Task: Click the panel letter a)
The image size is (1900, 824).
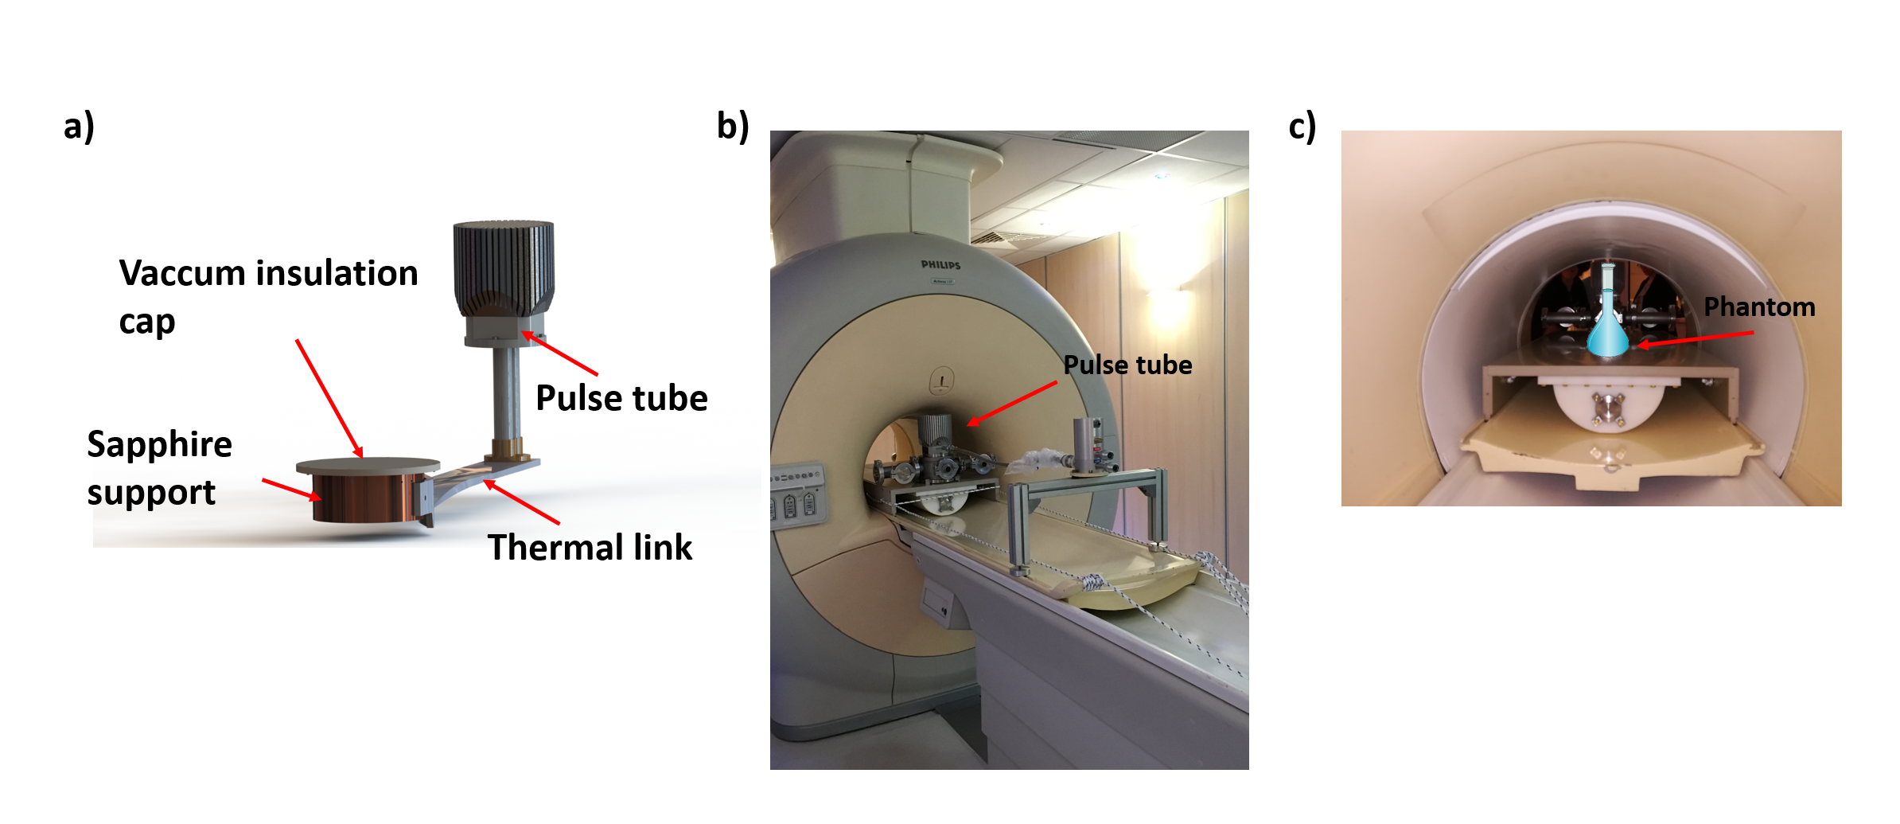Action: tap(79, 127)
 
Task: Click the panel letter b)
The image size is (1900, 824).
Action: tap(733, 127)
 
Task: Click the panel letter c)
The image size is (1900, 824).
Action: tap(1302, 127)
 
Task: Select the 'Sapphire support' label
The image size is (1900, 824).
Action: tap(159, 468)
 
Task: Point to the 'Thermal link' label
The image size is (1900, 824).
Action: tap(590, 548)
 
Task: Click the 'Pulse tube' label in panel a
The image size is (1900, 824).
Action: tap(621, 398)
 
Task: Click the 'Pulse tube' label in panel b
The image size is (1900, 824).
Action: tap(1127, 365)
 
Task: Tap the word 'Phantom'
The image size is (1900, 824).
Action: tap(1759, 307)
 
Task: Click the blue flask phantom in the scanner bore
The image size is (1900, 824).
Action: tap(1608, 326)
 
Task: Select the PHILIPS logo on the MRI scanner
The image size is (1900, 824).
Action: tap(940, 265)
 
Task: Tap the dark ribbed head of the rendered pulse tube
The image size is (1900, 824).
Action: tap(504, 263)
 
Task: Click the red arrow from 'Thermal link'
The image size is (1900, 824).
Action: tap(522, 502)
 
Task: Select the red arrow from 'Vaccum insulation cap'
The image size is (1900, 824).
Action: tap(329, 398)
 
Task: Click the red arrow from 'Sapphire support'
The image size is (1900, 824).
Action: tap(291, 490)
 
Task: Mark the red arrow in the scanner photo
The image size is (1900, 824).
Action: tap(1012, 404)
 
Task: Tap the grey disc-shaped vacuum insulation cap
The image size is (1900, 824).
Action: tap(368, 465)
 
